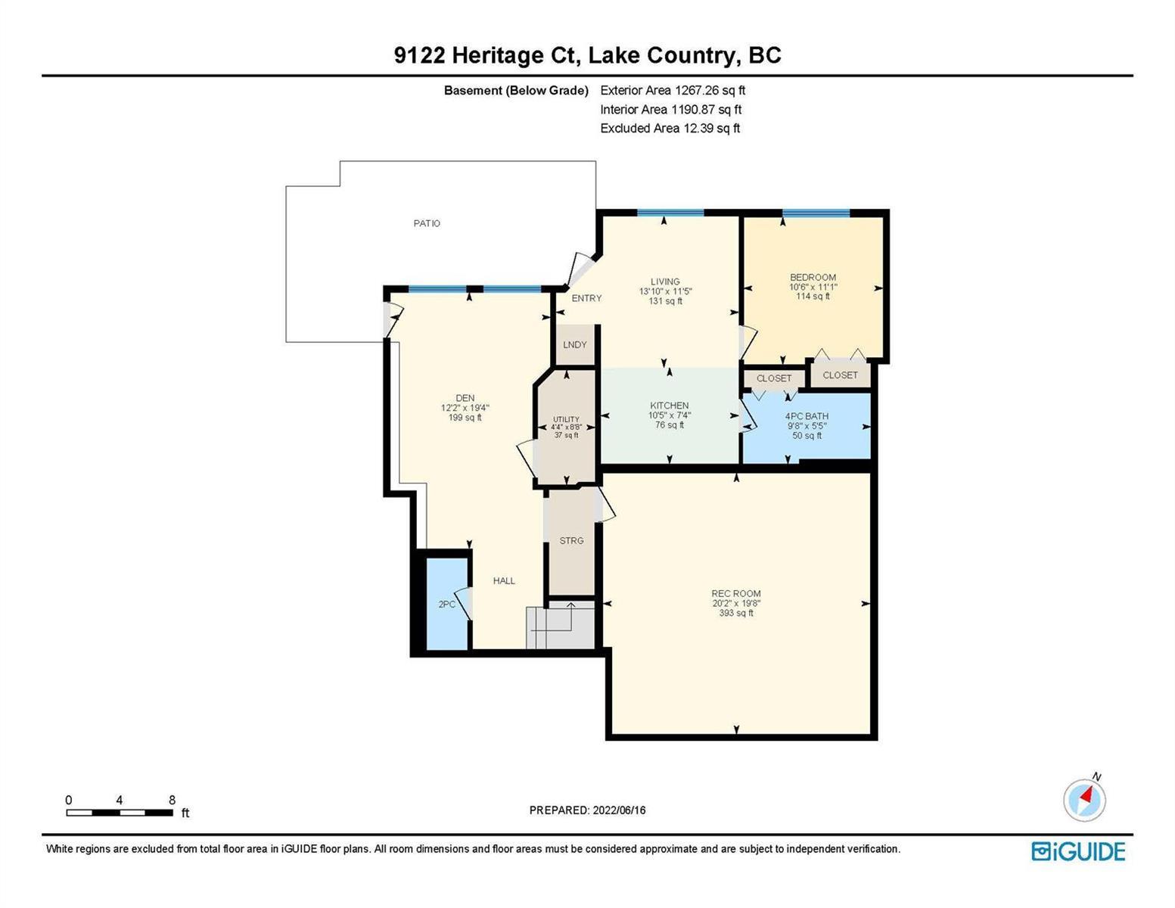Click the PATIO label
[x=427, y=222]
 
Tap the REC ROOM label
[x=736, y=593]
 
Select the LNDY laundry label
[x=574, y=344]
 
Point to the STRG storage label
[x=571, y=540]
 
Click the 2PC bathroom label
[x=446, y=604]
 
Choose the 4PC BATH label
[x=807, y=416]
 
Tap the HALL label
[x=503, y=580]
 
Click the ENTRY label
[x=586, y=298]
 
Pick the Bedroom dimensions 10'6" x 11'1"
[x=813, y=287]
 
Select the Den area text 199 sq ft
[x=465, y=418]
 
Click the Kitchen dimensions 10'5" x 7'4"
[x=670, y=415]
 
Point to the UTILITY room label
[x=566, y=419]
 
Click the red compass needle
[x=1086, y=795]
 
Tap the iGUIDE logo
[x=1078, y=851]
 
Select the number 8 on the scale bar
[x=172, y=800]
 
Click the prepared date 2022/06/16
[x=619, y=810]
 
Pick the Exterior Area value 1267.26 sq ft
[x=710, y=90]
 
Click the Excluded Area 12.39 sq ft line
[x=670, y=128]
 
